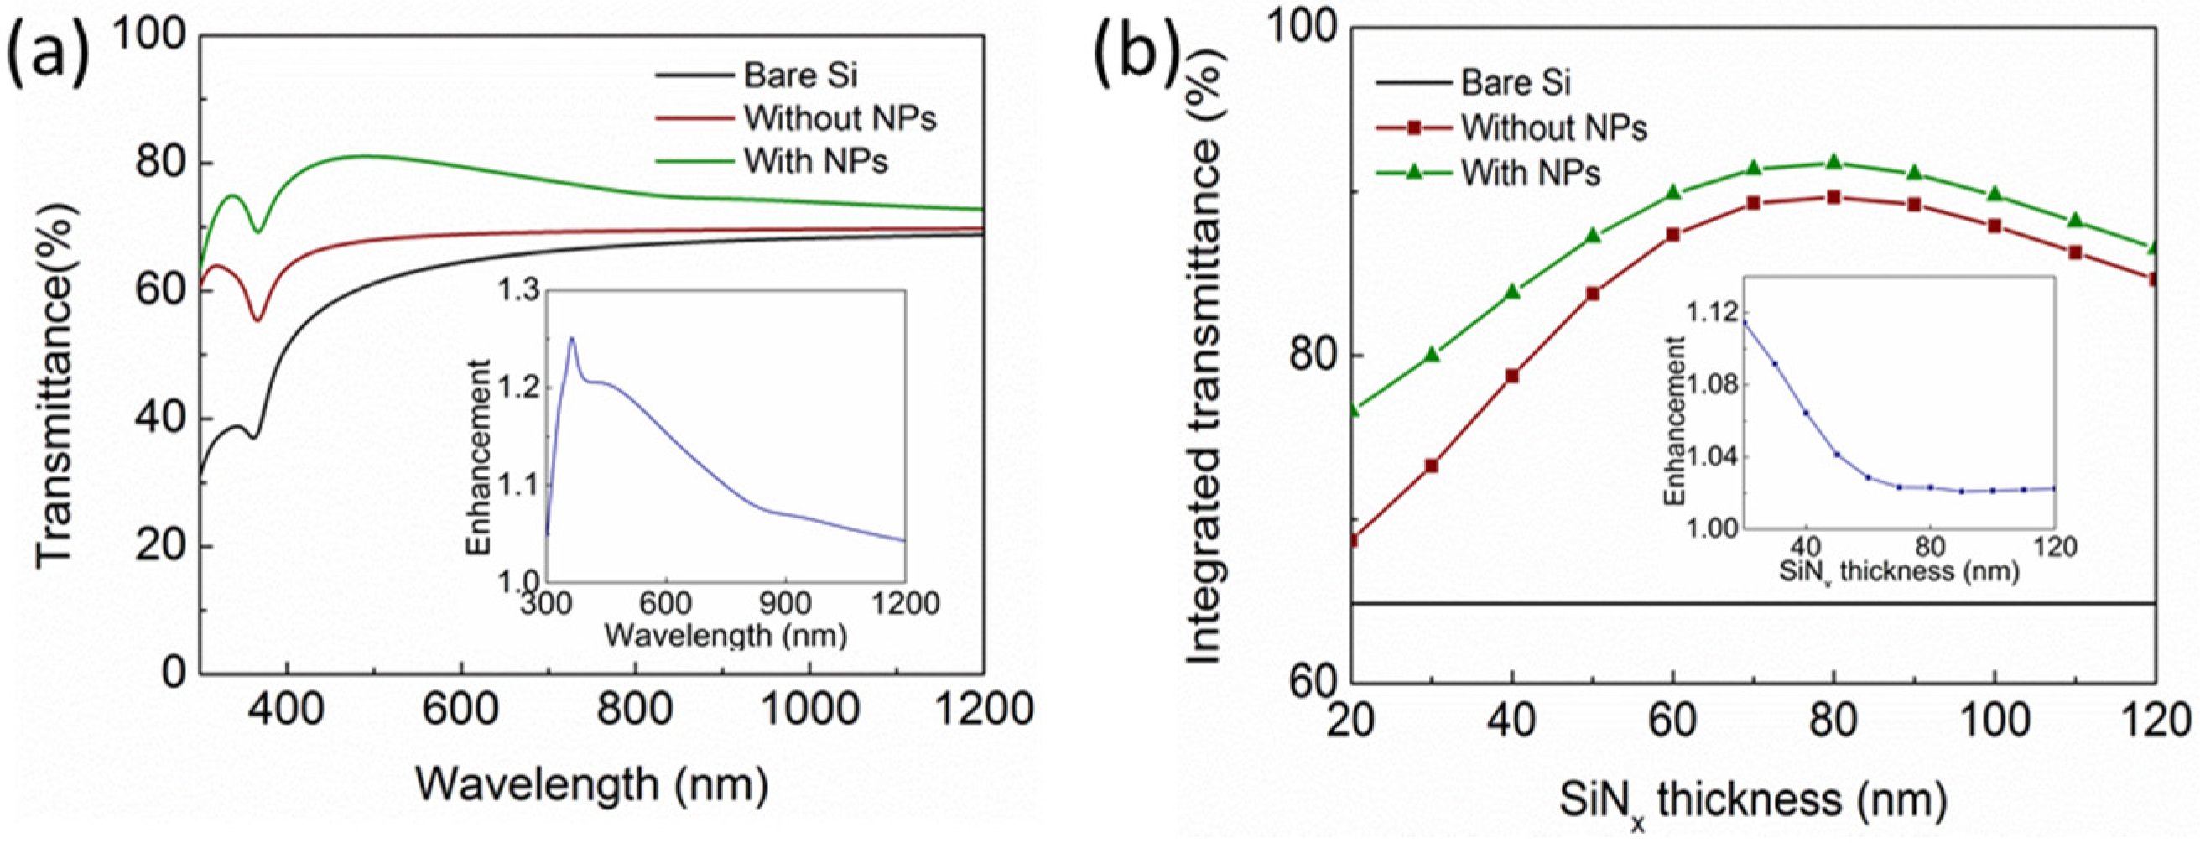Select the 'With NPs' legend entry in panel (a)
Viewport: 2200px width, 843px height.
[x=814, y=161]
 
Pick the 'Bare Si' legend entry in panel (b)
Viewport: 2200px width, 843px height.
[x=1515, y=83]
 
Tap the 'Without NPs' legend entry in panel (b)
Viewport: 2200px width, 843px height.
[x=1552, y=128]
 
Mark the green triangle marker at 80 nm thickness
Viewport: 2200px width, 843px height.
[x=1833, y=162]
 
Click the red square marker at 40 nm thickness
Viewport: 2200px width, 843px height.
[x=1512, y=376]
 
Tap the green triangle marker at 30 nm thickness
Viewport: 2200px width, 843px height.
[x=1433, y=355]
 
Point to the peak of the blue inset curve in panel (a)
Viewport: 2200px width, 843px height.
[x=571, y=339]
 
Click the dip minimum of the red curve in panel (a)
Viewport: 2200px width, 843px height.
[x=257, y=320]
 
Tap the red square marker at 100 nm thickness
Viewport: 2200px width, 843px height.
[x=1995, y=226]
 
